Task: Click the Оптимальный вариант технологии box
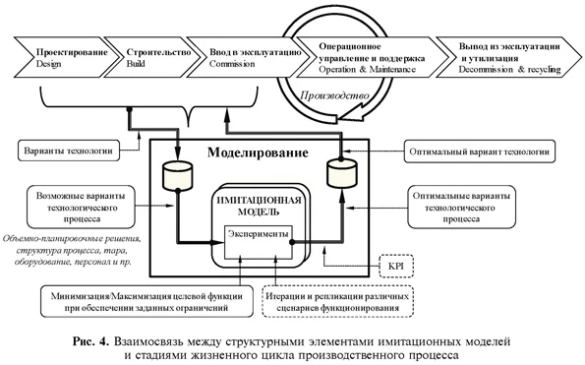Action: (478, 152)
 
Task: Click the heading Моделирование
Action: (256, 154)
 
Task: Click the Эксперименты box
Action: (260, 237)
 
